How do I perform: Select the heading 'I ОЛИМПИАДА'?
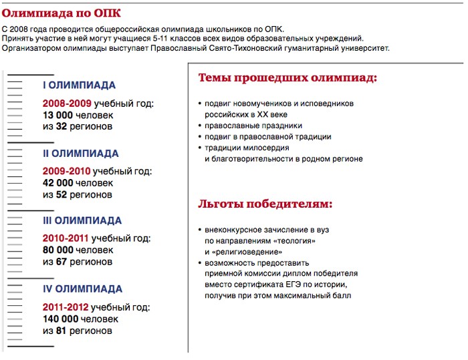(79, 85)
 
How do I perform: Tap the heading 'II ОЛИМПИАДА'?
(80, 154)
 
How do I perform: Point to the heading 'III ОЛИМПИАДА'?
(82, 221)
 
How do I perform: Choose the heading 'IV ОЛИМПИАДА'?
(82, 289)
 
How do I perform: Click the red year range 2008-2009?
(67, 104)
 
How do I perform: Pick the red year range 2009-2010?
(67, 172)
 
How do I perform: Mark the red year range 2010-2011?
(66, 238)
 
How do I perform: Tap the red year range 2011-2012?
(66, 307)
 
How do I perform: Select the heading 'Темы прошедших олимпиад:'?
(287, 78)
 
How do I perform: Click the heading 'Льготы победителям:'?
(265, 204)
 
